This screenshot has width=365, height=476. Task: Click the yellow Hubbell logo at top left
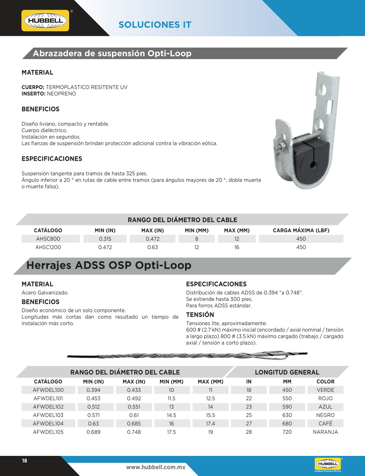[x=45, y=21]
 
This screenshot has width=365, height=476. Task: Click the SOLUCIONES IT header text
[x=155, y=25]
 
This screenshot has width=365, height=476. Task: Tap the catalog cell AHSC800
[x=48, y=239]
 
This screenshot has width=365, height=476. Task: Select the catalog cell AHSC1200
[x=48, y=247]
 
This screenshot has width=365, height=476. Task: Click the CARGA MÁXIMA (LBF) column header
[x=301, y=230]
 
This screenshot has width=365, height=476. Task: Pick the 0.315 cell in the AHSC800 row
[x=105, y=239]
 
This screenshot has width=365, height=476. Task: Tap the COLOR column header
[x=325, y=382]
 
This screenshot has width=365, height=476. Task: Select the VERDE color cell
[x=325, y=390]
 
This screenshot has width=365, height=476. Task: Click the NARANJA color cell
[x=325, y=432]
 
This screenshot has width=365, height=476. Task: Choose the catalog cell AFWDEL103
[x=48, y=415]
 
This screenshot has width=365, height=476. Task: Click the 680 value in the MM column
[x=287, y=424]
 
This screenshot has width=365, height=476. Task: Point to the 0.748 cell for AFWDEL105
[x=134, y=432]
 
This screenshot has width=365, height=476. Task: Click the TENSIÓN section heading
[x=200, y=315]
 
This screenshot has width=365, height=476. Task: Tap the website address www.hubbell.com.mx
[x=156, y=467]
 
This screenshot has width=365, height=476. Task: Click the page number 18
[x=25, y=461]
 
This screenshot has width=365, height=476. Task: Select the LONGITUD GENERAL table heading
[x=287, y=372]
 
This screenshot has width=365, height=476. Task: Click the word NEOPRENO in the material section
[x=61, y=94]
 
